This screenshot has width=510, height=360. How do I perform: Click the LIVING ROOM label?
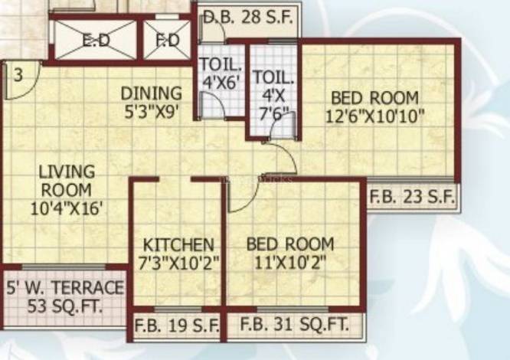[67, 181]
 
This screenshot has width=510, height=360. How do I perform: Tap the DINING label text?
[152, 93]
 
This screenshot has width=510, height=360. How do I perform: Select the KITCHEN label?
[178, 245]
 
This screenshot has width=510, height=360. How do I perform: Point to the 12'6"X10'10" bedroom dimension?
[375, 116]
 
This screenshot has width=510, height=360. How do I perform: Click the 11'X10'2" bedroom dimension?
[289, 263]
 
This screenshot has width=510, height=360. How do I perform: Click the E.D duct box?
[95, 40]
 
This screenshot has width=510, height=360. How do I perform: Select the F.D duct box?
[167, 40]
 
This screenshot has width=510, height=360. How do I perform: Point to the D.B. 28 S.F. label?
[248, 18]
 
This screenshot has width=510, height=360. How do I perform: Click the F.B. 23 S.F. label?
[412, 197]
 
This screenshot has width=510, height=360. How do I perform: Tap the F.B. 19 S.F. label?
[177, 326]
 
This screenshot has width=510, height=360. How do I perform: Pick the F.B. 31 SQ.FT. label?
[294, 325]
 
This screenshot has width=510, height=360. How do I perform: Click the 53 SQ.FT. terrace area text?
[65, 306]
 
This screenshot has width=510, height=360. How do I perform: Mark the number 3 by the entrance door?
[18, 75]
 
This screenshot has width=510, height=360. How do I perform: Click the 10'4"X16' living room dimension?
[69, 208]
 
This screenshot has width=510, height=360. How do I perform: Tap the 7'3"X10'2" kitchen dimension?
[178, 263]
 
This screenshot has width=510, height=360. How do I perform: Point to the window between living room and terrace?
[64, 267]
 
